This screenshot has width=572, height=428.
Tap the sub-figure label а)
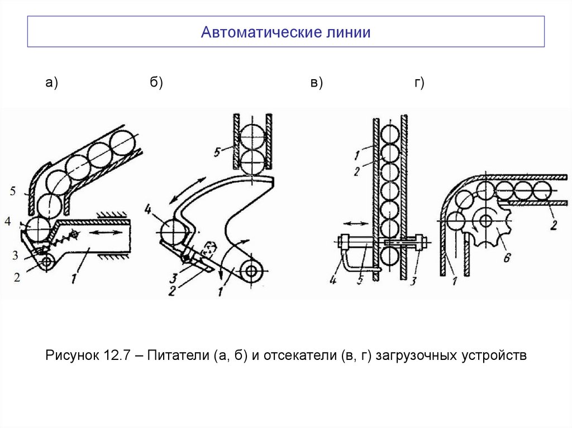click(52, 83)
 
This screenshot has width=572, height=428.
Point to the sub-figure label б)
click(156, 83)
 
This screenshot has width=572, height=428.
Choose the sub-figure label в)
click(316, 83)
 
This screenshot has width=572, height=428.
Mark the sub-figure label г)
click(419, 83)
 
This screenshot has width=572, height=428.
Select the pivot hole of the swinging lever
click(252, 270)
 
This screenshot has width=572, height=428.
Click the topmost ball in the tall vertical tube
click(389, 134)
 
